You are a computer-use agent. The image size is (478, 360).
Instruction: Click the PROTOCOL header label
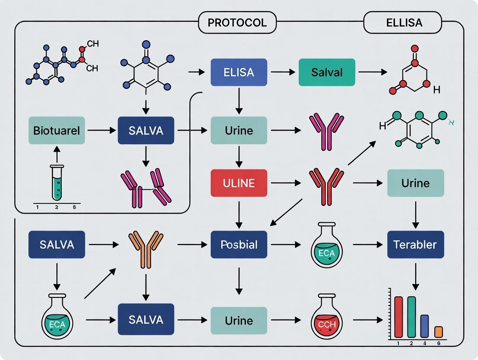click(237, 22)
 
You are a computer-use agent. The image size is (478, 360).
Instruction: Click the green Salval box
click(327, 72)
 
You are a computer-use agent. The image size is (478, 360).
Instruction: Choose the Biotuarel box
click(57, 130)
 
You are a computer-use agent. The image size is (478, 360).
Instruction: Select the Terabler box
click(415, 244)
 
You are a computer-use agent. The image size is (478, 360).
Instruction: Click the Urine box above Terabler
click(415, 183)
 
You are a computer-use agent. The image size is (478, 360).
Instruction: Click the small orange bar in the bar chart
click(438, 331)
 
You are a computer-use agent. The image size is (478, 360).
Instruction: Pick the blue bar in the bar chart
click(425, 326)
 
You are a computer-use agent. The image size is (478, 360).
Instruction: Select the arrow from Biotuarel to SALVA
click(101, 130)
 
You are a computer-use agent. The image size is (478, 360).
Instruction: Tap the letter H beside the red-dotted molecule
click(436, 90)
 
